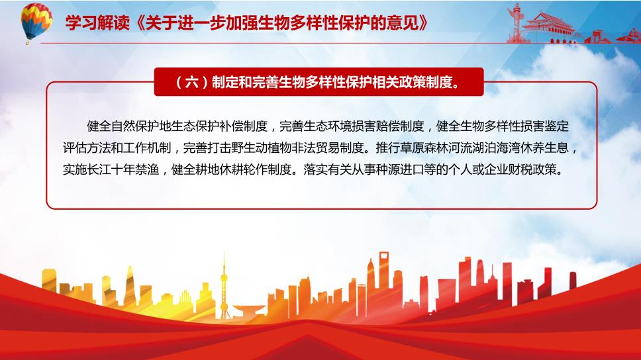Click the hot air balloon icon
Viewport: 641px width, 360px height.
click(36, 22)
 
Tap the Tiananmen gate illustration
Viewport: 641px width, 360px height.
click(550, 27)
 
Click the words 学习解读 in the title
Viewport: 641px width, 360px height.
click(97, 23)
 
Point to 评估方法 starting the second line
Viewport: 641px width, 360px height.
click(87, 148)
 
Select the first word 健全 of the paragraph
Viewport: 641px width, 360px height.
click(99, 126)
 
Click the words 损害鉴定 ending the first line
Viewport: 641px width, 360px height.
click(544, 126)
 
